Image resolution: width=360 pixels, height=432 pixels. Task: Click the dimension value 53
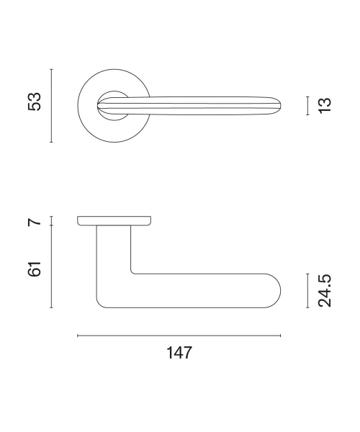click(x=35, y=102)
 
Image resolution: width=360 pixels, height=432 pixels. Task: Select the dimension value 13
click(x=325, y=105)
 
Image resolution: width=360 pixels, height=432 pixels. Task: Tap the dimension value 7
click(x=35, y=222)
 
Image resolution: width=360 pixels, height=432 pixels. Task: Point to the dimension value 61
click(x=35, y=269)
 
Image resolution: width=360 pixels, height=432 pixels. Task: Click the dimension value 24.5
click(x=325, y=291)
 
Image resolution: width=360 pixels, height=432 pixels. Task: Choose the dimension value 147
click(x=179, y=353)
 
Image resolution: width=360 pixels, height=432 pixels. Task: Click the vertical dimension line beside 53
click(x=51, y=106)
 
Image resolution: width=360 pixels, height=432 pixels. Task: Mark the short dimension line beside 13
click(x=307, y=106)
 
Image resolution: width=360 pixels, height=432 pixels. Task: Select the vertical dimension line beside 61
click(x=51, y=266)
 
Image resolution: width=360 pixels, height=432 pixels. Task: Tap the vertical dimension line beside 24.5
click(x=307, y=291)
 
